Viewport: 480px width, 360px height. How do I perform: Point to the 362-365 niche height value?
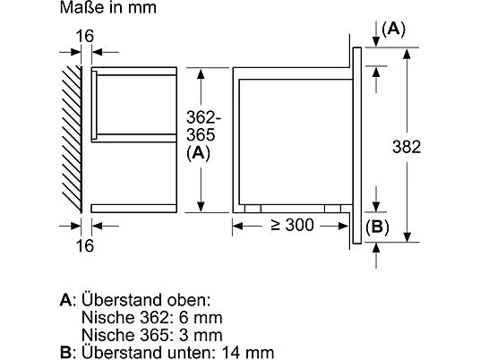click(x=204, y=129)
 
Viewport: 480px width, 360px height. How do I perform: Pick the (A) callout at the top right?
click(x=392, y=29)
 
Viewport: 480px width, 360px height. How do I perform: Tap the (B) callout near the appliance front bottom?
click(x=379, y=226)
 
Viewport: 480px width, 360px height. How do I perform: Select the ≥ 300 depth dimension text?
click(x=289, y=226)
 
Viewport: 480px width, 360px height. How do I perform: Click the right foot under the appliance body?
click(x=331, y=208)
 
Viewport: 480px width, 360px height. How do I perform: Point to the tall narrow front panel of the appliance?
click(x=358, y=142)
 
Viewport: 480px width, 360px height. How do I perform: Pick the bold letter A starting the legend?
click(x=64, y=299)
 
